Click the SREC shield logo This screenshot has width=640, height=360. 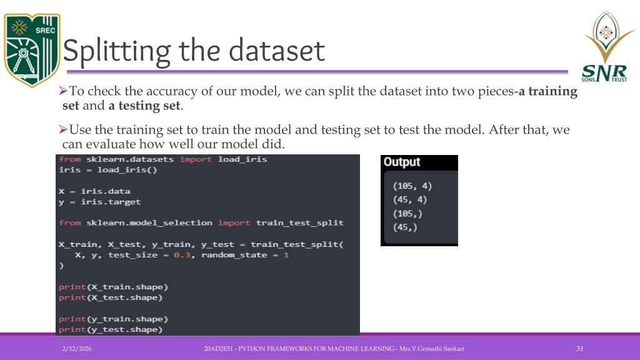pyautogui.click(x=32, y=50)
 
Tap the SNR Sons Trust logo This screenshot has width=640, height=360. pyautogui.click(x=606, y=46)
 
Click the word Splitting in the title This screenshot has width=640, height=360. pyautogui.click(x=117, y=51)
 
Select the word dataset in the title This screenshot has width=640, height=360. pyautogui.click(x=277, y=51)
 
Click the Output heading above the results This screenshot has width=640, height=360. pyautogui.click(x=402, y=162)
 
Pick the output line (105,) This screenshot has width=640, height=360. pyautogui.click(x=407, y=214)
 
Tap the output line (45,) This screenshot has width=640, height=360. pyautogui.click(x=405, y=227)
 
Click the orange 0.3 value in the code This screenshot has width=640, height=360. pyautogui.click(x=182, y=255)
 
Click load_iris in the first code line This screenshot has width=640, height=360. pyautogui.click(x=242, y=159)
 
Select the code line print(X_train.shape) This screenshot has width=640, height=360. pyautogui.click(x=113, y=287)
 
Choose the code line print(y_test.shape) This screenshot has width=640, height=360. pyautogui.click(x=110, y=329)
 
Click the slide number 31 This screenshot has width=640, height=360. pyautogui.click(x=579, y=349)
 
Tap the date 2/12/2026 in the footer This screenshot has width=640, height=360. pyautogui.click(x=77, y=349)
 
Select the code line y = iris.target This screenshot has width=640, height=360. pyautogui.click(x=99, y=202)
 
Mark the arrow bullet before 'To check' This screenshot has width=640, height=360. pyautogui.click(x=63, y=91)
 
